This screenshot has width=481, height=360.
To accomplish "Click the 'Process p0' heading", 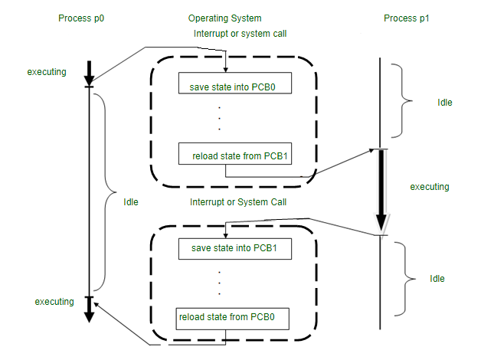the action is pyautogui.click(x=81, y=18).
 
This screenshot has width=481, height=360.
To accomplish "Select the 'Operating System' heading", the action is pyautogui.click(x=225, y=18).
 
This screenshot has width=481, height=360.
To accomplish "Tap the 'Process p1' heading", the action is pyautogui.click(x=407, y=18).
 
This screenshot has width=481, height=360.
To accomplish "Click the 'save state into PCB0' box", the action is pyautogui.click(x=235, y=83).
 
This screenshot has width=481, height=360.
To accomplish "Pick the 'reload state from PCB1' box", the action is pyautogui.click(x=235, y=153).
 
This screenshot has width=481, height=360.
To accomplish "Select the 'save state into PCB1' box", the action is pyautogui.click(x=235, y=249).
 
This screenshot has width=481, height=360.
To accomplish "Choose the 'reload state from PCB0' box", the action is pyautogui.click(x=232, y=319).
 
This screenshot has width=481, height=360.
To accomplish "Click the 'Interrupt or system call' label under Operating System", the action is pyautogui.click(x=240, y=34).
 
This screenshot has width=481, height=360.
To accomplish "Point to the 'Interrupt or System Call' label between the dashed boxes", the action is pyautogui.click(x=238, y=202).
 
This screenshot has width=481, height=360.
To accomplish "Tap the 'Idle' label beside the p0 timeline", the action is pyautogui.click(x=131, y=202).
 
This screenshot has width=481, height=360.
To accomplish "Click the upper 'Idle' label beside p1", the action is pyautogui.click(x=445, y=103).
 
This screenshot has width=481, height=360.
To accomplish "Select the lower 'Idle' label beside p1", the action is pyautogui.click(x=437, y=279).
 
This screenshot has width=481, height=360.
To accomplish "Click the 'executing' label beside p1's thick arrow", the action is pyautogui.click(x=430, y=187).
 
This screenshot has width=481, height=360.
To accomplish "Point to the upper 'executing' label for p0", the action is pyautogui.click(x=47, y=72).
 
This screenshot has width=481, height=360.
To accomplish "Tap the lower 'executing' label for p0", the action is pyautogui.click(x=54, y=302).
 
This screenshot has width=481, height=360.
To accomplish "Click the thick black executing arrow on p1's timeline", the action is pyautogui.click(x=381, y=190).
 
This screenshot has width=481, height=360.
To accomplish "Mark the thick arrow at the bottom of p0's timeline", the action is pyautogui.click(x=90, y=309).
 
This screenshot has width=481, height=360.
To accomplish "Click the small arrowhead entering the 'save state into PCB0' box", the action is pyautogui.click(x=225, y=70).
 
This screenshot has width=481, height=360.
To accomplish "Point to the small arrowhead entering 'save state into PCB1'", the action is pyautogui.click(x=225, y=235).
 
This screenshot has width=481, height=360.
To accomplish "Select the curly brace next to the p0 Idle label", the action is pyautogui.click(x=106, y=192).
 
